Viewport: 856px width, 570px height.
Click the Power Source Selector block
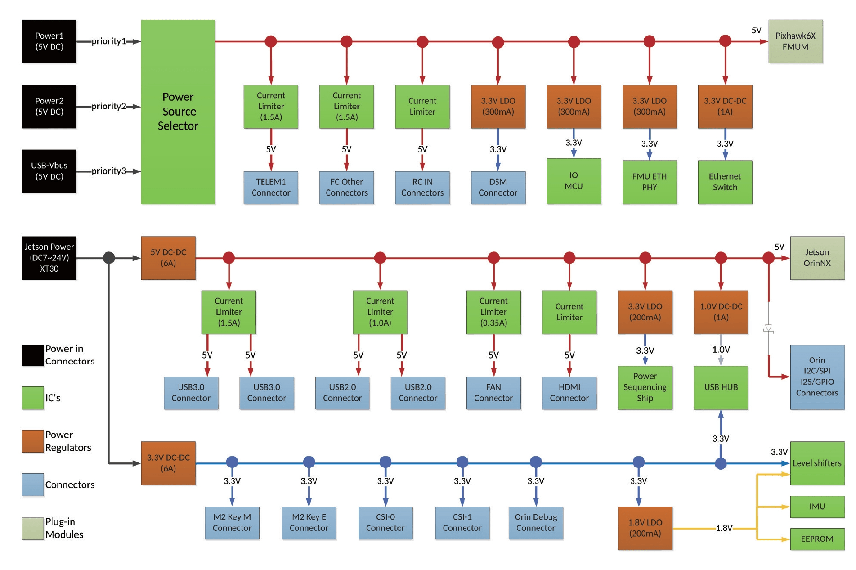(x=178, y=112)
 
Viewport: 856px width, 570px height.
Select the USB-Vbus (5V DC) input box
(x=49, y=171)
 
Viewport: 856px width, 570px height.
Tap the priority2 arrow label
(x=108, y=106)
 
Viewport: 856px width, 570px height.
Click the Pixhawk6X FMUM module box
(x=795, y=41)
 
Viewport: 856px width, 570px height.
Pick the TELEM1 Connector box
(x=271, y=187)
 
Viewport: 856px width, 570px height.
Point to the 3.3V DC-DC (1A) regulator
(x=725, y=107)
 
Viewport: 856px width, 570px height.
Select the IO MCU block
(x=574, y=181)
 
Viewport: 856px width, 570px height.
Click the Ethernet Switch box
(x=725, y=182)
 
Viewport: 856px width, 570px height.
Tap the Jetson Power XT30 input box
(x=49, y=258)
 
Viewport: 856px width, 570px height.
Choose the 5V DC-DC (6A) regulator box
(x=168, y=258)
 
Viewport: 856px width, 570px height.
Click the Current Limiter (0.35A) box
(x=493, y=312)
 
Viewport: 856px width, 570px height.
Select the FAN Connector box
(x=493, y=392)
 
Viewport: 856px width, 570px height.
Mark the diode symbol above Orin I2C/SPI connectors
(x=768, y=329)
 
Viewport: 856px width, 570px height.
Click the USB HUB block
(x=721, y=387)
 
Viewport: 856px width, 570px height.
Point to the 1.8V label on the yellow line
(x=724, y=528)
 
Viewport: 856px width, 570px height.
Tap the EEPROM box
(x=817, y=539)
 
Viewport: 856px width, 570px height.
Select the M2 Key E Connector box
(x=309, y=522)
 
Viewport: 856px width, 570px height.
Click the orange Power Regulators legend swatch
(x=33, y=441)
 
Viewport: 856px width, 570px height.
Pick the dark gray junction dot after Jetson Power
(x=109, y=258)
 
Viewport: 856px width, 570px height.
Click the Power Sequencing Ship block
(x=645, y=387)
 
